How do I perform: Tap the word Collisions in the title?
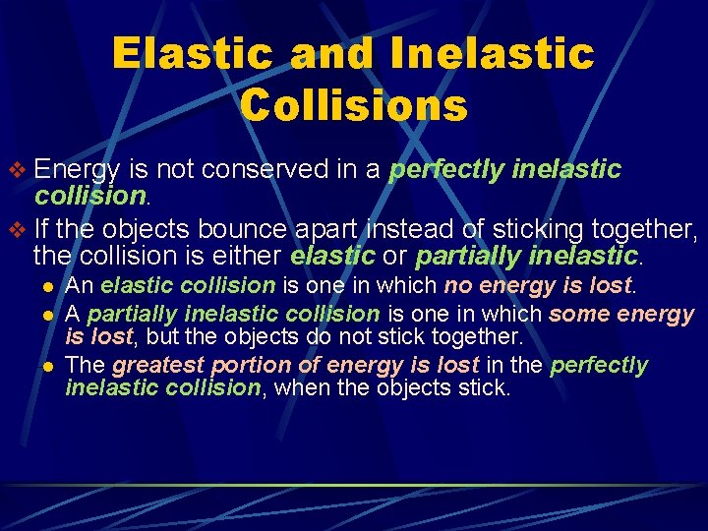353,105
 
